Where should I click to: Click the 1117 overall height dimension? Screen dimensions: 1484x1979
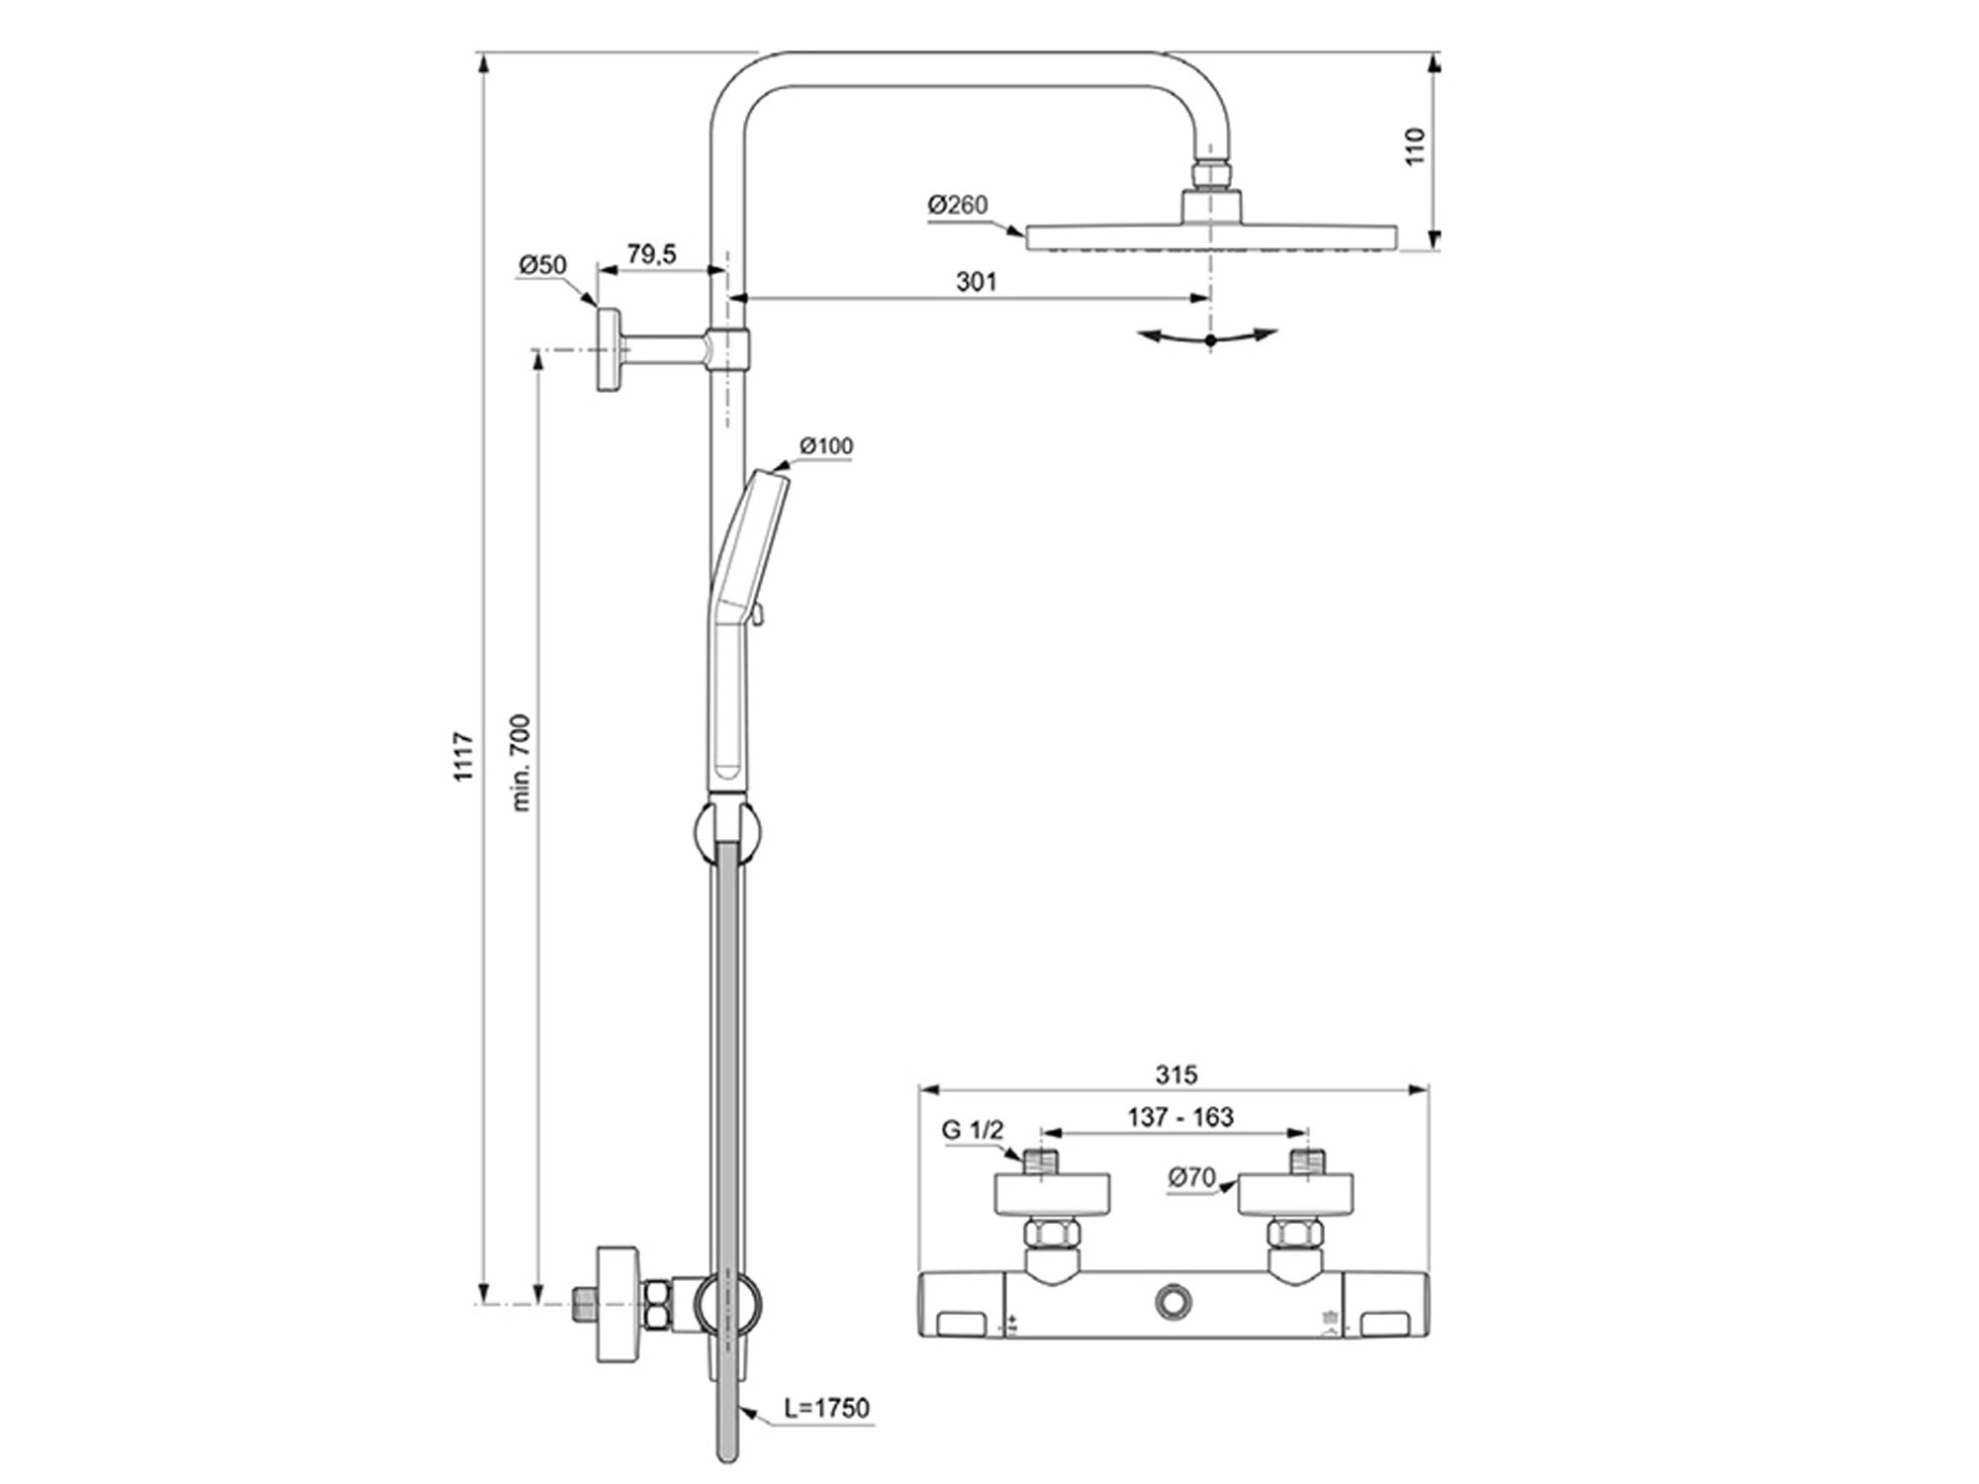(463, 757)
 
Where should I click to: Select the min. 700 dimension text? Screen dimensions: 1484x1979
(521, 762)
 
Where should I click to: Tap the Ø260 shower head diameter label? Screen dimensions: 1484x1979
(957, 205)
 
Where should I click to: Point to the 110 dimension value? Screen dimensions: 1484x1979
(1416, 146)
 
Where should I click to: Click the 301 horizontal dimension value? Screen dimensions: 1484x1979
(976, 282)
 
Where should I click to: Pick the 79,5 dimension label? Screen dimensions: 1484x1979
(651, 255)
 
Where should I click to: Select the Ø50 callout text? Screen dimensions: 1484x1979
(542, 265)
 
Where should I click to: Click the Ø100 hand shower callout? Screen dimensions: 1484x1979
(826, 446)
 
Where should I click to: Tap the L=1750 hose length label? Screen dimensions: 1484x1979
(826, 1408)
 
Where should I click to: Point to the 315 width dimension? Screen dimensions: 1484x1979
(1176, 1074)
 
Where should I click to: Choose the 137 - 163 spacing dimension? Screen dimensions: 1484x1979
(1180, 1117)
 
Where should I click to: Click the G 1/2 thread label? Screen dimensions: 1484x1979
(972, 1130)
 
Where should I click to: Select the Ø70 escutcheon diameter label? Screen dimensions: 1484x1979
(1191, 1177)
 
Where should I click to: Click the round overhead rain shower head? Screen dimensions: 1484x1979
(1211, 236)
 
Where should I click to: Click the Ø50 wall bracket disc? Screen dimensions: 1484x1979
(608, 350)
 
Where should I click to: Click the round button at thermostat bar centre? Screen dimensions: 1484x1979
(1175, 1302)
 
